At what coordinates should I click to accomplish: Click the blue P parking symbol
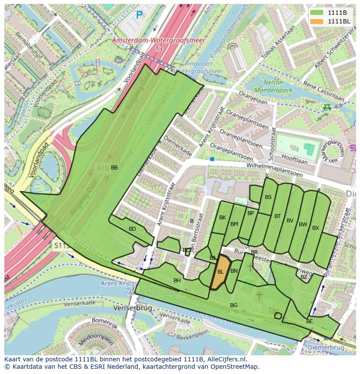[139, 15]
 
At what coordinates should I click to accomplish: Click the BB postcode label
[114, 168]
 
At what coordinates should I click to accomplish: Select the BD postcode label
[133, 229]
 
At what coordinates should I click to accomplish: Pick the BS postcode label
[268, 197]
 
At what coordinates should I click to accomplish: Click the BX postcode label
[316, 228]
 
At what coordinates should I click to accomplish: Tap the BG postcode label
[233, 305]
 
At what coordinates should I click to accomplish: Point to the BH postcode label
[177, 281]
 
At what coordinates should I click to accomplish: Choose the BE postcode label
[310, 321]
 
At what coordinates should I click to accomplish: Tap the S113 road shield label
[62, 246]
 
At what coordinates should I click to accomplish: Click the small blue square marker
[212, 159]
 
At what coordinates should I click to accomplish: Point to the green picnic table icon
[327, 107]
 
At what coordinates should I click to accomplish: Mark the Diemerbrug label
[326, 348]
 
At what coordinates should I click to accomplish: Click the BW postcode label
[303, 225]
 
